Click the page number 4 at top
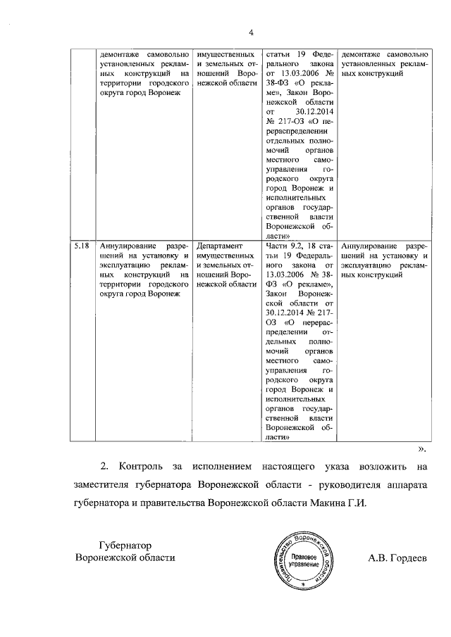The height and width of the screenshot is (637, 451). (x=250, y=31)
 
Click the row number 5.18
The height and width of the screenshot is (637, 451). (x=82, y=246)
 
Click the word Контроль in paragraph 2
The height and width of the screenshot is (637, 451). (x=142, y=466)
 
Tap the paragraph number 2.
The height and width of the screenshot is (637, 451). (x=104, y=466)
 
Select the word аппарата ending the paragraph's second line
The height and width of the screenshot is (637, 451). (x=404, y=485)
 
